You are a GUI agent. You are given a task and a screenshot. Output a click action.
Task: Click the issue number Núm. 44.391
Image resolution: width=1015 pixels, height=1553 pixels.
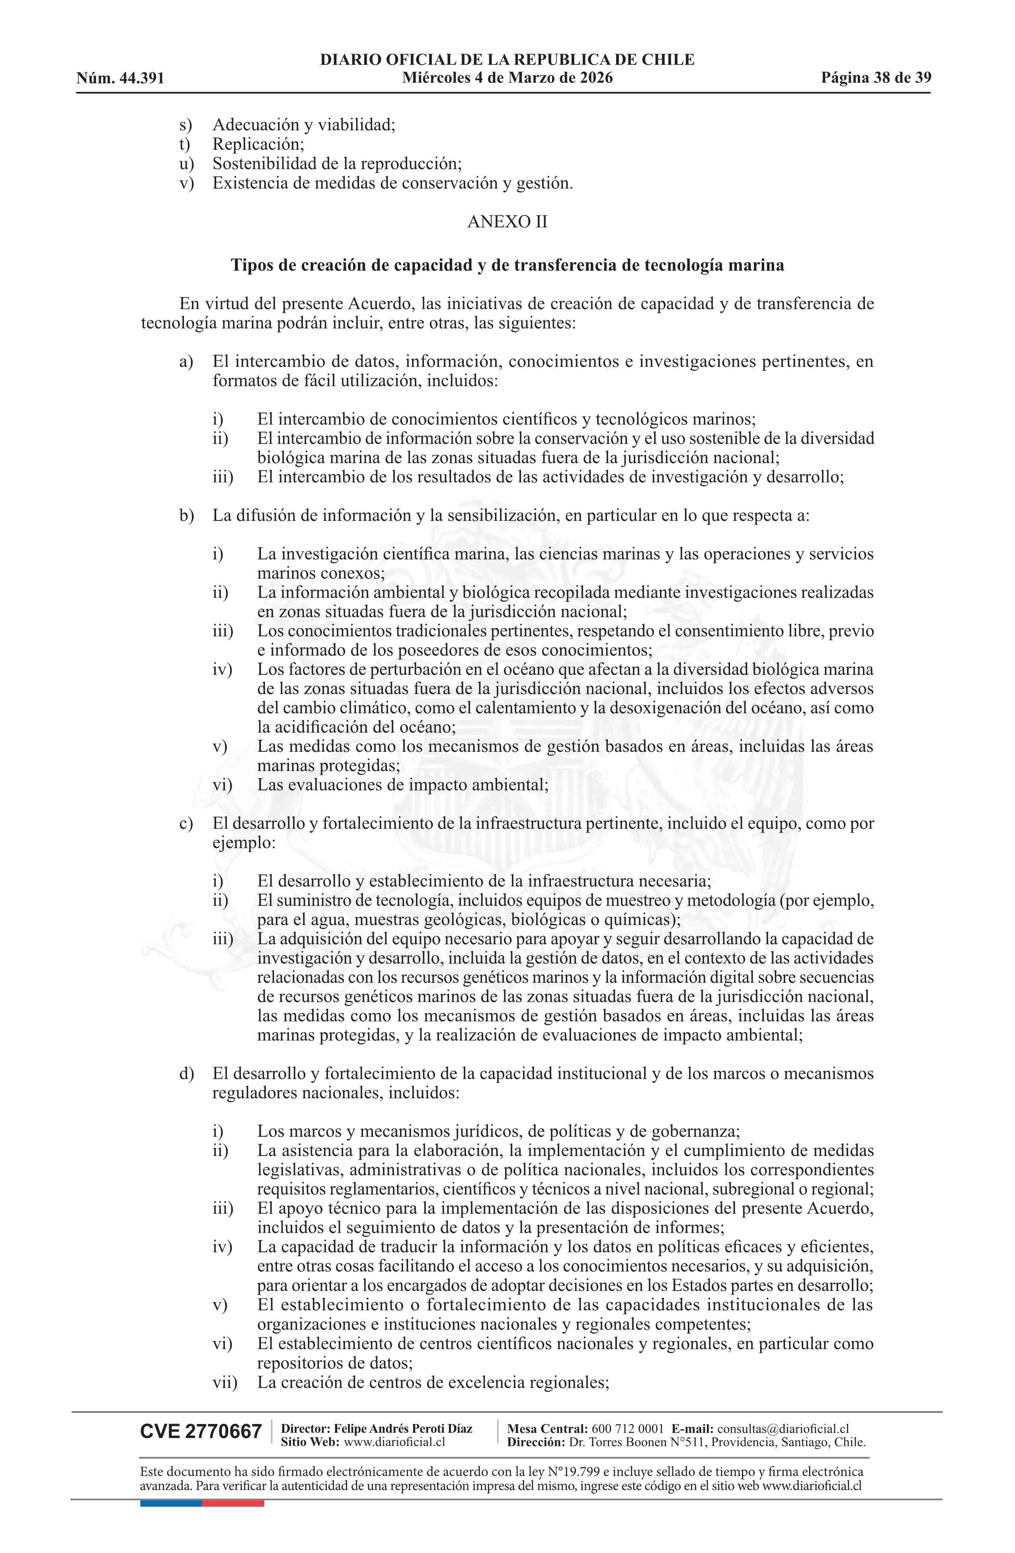pyautogui.click(x=120, y=79)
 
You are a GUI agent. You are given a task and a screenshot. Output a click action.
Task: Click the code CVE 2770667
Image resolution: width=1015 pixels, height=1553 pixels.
pyautogui.click(x=200, y=1432)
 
